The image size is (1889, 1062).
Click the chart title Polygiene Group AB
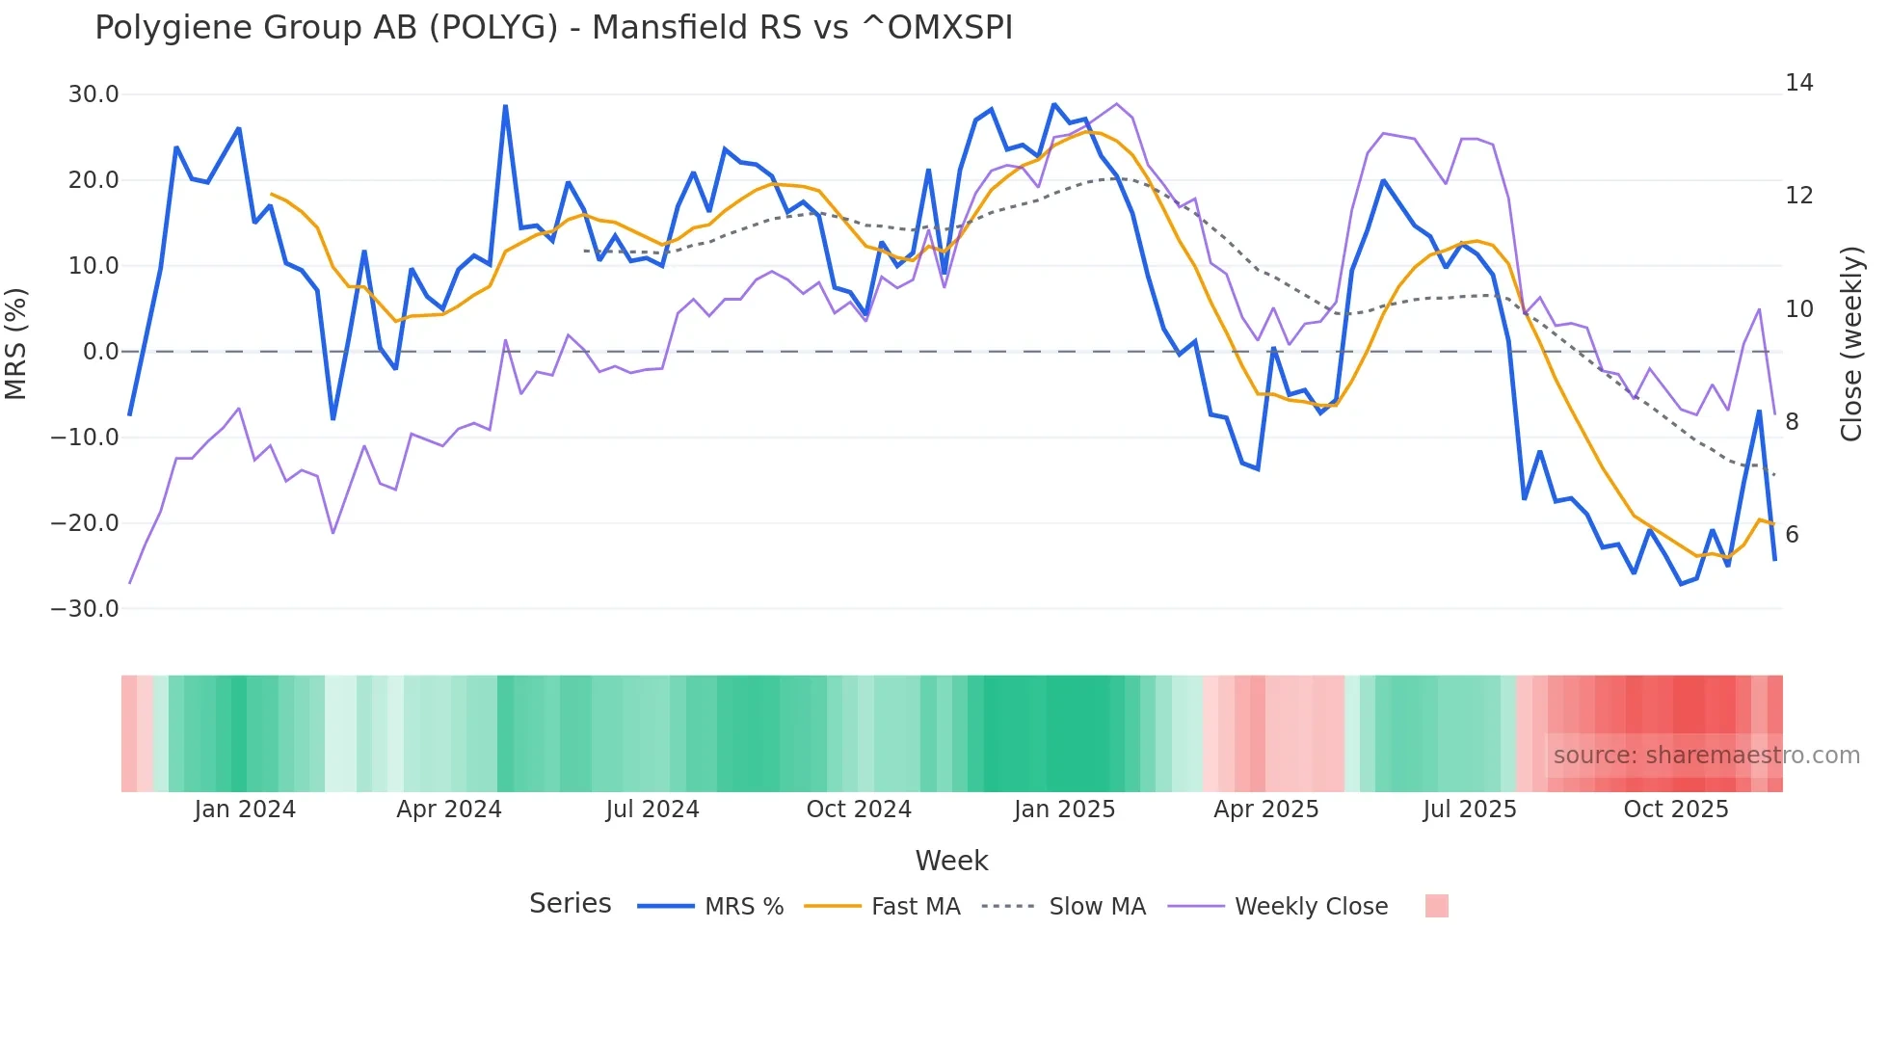click(553, 28)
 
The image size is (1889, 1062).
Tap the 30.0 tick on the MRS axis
click(93, 94)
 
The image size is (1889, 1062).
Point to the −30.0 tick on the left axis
click(85, 609)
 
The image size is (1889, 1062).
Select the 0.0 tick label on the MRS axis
click(100, 352)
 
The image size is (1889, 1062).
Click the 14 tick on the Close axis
click(1798, 83)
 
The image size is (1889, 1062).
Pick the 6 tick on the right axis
click(1792, 535)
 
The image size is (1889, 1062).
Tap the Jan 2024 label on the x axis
click(245, 810)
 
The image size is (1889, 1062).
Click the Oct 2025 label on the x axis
click(1676, 810)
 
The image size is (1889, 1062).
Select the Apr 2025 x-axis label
click(1265, 810)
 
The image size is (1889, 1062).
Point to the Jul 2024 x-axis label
click(652, 810)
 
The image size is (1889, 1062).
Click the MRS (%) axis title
click(16, 343)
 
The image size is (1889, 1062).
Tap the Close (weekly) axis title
click(1851, 344)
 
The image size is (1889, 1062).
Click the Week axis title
click(951, 861)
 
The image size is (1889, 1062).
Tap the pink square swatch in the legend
click(1436, 906)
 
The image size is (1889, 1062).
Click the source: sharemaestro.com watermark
click(1706, 756)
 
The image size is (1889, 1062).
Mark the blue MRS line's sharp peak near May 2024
click(506, 106)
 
